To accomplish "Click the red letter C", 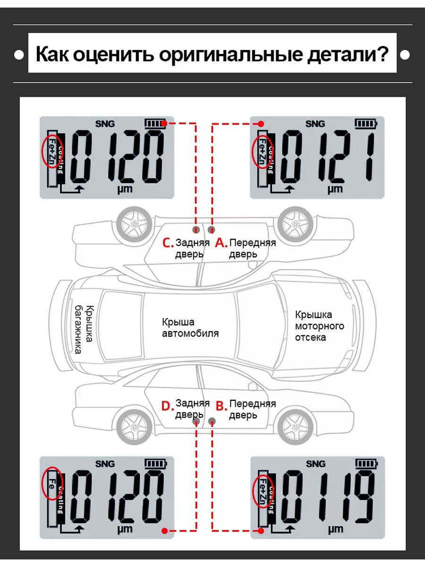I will (168, 243).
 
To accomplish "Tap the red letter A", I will (221, 243).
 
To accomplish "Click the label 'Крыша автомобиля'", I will (190, 328).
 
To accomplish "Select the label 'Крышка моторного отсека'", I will (319, 326).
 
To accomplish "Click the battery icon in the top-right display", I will (365, 124).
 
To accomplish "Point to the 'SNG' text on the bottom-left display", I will (105, 464).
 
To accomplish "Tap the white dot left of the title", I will (19, 55).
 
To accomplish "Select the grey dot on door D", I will (196, 421).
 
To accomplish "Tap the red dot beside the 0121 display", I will (261, 123).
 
